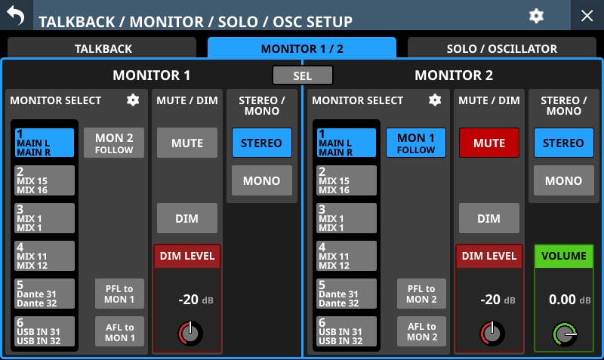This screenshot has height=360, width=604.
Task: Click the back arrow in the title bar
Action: [x=15, y=15]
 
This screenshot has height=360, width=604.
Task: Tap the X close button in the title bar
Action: [x=587, y=16]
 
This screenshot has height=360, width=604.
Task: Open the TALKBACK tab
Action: [x=102, y=48]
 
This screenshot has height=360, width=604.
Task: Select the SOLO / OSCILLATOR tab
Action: [x=501, y=48]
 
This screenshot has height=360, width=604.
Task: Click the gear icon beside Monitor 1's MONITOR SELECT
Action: [x=133, y=100]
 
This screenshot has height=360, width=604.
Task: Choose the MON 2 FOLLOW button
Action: [x=114, y=143]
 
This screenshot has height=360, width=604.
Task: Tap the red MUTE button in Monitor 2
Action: [x=488, y=143]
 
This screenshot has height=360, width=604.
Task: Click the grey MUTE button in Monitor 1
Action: [x=186, y=143]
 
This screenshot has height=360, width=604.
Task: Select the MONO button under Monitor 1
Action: [x=261, y=180]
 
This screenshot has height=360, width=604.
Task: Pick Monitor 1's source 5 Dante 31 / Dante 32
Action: [x=45, y=294]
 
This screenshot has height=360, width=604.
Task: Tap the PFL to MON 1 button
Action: [x=119, y=294]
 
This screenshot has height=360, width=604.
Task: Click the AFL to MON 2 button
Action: [x=421, y=331]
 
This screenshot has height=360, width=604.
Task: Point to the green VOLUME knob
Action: [x=564, y=334]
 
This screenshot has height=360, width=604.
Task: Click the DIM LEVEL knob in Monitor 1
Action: [x=190, y=333]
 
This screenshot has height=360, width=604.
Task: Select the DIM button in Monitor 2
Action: [x=488, y=218]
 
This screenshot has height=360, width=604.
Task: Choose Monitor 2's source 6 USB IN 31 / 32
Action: [x=347, y=331]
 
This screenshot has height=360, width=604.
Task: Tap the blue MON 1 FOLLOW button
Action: [x=416, y=143]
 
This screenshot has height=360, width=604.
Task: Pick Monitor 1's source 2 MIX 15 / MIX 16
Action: [x=45, y=180]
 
